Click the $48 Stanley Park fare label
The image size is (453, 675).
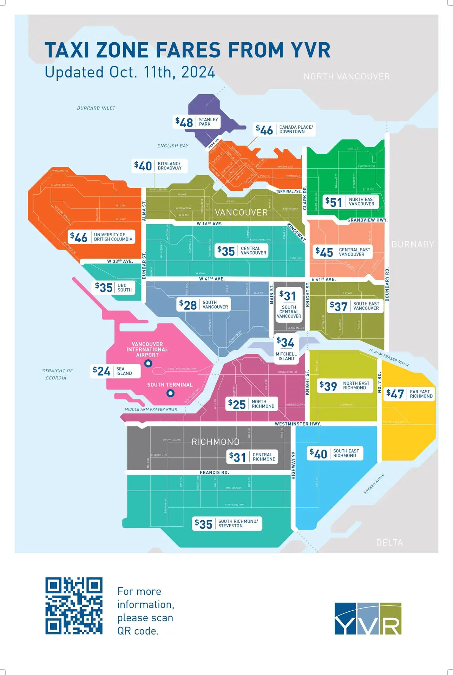pyautogui.click(x=197, y=122)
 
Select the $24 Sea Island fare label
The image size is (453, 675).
pyautogui.click(x=115, y=371)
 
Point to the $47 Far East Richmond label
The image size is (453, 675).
pyautogui.click(x=409, y=394)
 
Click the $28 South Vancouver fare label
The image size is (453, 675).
pyautogui.click(x=204, y=305)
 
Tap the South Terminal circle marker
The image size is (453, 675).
pyautogui.click(x=170, y=393)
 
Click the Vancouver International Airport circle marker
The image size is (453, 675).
pyautogui.click(x=148, y=364)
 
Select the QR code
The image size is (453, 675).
pyautogui.click(x=74, y=606)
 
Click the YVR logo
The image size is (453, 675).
pyautogui.click(x=368, y=619)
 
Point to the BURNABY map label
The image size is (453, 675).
pyautogui.click(x=413, y=244)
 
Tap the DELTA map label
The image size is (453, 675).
pyautogui.click(x=389, y=542)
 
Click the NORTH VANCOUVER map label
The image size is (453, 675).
pyautogui.click(x=347, y=77)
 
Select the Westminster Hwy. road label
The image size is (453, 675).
pyautogui.click(x=298, y=424)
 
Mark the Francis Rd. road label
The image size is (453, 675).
pyautogui.click(x=214, y=472)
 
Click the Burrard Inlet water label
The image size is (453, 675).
pyautogui.click(x=96, y=108)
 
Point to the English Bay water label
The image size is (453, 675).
pyautogui.click(x=173, y=146)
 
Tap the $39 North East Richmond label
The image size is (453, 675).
pyautogui.click(x=344, y=386)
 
